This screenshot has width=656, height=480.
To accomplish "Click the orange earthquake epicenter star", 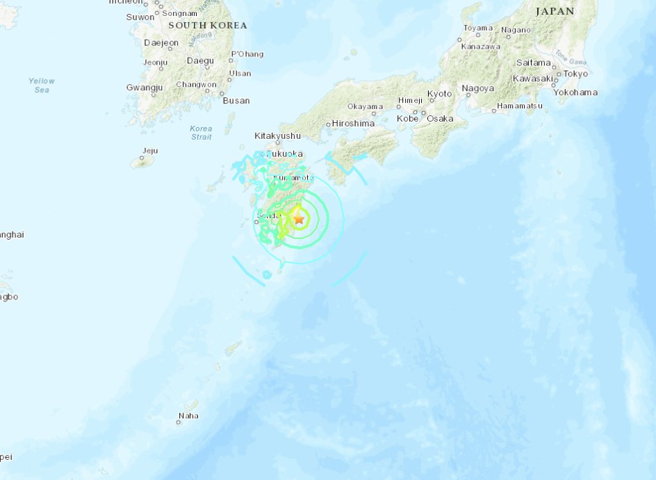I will [299, 218].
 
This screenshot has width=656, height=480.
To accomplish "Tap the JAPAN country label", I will [555, 11].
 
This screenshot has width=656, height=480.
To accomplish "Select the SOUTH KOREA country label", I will [208, 25].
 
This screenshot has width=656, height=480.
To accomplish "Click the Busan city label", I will [236, 101].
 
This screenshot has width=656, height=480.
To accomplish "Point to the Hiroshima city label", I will [353, 124].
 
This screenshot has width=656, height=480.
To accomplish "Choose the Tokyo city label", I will [575, 74].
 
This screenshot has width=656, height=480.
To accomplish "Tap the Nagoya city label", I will [478, 88].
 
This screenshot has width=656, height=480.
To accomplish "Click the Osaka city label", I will [440, 119].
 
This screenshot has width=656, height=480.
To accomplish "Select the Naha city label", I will [188, 416].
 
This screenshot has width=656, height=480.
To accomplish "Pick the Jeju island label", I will [149, 151].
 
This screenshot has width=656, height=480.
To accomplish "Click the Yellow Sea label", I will [42, 85].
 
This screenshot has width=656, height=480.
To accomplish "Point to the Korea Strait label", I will [201, 133].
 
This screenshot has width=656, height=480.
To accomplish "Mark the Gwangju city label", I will [145, 88].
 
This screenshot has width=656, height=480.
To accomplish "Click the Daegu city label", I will [200, 61].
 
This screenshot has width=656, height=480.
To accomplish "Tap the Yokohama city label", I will [576, 92].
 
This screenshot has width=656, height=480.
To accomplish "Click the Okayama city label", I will [366, 107].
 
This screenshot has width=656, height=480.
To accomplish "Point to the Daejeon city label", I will [161, 43].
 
